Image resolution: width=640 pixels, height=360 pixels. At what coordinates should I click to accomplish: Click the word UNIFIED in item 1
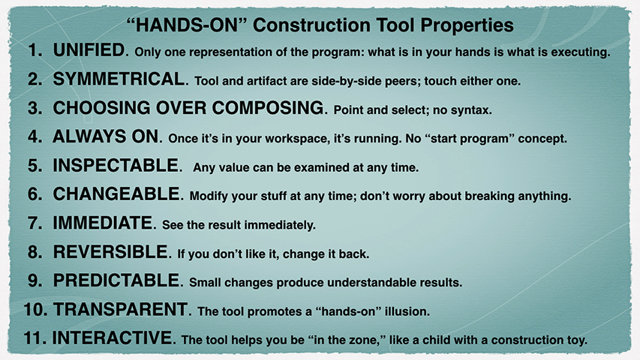[x=89, y=49]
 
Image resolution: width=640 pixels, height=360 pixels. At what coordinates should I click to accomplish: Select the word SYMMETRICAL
[x=119, y=79]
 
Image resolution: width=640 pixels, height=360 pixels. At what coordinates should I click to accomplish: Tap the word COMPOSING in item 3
[x=268, y=108]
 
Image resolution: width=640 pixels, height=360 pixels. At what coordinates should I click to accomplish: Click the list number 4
[x=35, y=136]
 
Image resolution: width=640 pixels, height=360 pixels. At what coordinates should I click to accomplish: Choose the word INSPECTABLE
[x=116, y=165]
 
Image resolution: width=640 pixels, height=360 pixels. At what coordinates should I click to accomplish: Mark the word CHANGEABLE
[x=116, y=194]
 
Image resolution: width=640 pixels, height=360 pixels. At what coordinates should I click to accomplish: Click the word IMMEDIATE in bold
[x=103, y=223]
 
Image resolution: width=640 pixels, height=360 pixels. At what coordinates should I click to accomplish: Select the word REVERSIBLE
[x=110, y=252]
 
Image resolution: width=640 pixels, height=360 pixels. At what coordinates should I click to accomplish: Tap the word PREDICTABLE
[x=116, y=280]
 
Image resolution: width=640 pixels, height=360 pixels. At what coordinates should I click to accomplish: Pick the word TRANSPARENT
[x=120, y=310]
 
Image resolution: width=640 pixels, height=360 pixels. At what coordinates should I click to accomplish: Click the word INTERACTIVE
[x=113, y=338]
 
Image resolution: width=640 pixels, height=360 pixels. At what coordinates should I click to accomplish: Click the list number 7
[x=35, y=223]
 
